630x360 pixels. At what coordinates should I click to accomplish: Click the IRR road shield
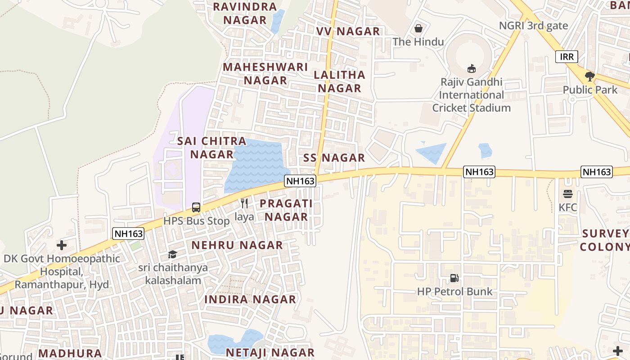click(x=567, y=57)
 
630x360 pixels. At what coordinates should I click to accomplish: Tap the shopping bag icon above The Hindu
click(x=418, y=29)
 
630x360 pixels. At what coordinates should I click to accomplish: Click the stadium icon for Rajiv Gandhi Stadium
click(x=471, y=68)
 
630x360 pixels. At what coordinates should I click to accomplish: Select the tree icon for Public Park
click(x=590, y=76)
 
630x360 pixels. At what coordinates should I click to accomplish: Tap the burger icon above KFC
click(x=567, y=194)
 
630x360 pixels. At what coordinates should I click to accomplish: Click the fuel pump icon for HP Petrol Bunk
click(x=454, y=278)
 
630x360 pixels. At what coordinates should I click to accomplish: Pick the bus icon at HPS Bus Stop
click(x=196, y=207)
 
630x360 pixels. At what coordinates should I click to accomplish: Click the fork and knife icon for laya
click(x=244, y=203)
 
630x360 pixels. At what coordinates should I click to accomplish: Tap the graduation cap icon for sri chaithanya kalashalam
click(x=172, y=255)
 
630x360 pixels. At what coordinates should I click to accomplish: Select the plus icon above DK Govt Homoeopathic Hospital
click(x=62, y=245)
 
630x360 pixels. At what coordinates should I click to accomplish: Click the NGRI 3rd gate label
click(x=533, y=26)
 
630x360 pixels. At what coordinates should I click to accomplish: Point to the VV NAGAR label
click(x=348, y=31)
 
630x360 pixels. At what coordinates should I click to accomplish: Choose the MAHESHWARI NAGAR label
click(x=265, y=74)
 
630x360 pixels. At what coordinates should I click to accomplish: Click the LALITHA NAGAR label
click(x=340, y=81)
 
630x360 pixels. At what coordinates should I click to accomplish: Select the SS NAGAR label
click(x=334, y=158)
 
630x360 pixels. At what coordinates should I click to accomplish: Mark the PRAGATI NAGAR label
click(x=286, y=210)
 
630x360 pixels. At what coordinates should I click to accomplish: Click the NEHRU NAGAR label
click(x=237, y=245)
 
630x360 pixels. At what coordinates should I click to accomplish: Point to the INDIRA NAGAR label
click(x=250, y=299)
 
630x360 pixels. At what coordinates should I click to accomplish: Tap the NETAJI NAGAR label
click(x=270, y=352)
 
